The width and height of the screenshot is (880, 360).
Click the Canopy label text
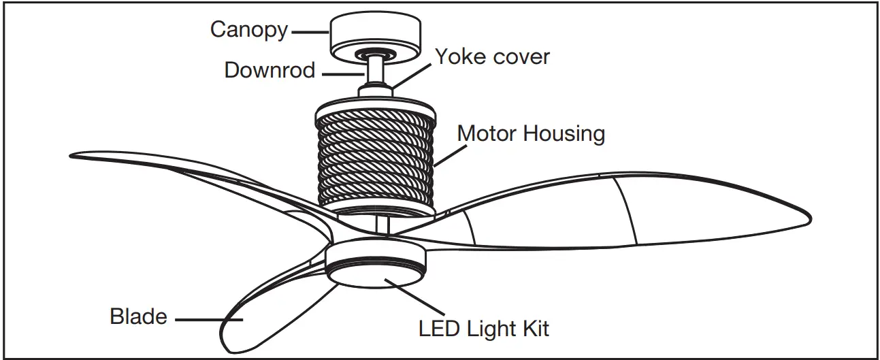click(x=248, y=30)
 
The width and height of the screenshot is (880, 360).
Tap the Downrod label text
click(x=270, y=70)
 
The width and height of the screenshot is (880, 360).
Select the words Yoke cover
click(x=492, y=56)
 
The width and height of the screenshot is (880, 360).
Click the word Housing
click(x=564, y=134)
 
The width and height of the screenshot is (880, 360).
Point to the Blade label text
click(x=138, y=316)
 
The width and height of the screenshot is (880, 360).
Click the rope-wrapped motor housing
click(x=375, y=160)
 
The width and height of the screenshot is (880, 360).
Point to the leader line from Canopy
click(x=310, y=31)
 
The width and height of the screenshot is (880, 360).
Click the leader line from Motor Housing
click(x=446, y=153)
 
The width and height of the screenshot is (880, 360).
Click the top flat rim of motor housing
click(x=375, y=101)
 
